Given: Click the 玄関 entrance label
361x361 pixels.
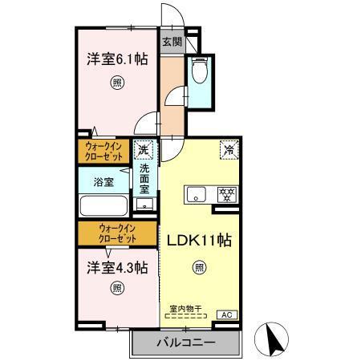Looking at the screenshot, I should (x=172, y=42).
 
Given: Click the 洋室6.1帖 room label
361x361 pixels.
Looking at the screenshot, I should (x=117, y=59).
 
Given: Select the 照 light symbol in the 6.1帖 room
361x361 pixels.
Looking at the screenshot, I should (x=117, y=83).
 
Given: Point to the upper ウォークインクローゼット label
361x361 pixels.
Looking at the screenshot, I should (x=105, y=150).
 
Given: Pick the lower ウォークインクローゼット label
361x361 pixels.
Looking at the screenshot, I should (x=117, y=234).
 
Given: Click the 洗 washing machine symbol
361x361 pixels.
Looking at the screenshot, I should (x=144, y=149).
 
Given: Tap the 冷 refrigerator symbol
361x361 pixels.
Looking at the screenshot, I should (x=228, y=149).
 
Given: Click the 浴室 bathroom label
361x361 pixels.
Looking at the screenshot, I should (x=102, y=181).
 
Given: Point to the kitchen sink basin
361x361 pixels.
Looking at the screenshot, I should (x=197, y=193).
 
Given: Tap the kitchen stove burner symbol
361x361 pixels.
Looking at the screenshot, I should (x=227, y=193).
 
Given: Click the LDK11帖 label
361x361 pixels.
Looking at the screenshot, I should (x=199, y=238).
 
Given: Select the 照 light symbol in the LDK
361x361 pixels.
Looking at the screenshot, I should (x=198, y=268).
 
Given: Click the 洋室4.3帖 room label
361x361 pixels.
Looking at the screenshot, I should (x=117, y=267).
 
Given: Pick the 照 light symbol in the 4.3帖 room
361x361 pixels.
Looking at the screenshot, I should (x=117, y=289).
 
